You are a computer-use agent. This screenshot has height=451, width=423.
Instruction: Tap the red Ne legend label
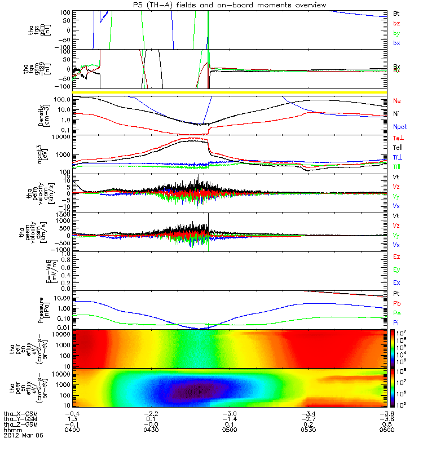click(397, 100)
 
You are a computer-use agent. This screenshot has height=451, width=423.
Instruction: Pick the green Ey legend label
click(396, 269)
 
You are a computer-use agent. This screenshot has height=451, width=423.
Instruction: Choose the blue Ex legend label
click(396, 283)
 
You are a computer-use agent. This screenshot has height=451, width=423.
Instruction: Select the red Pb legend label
click(396, 303)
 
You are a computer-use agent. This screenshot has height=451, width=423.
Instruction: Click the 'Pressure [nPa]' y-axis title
click(45, 309)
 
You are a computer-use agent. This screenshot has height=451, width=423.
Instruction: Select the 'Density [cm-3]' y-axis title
click(45, 115)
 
